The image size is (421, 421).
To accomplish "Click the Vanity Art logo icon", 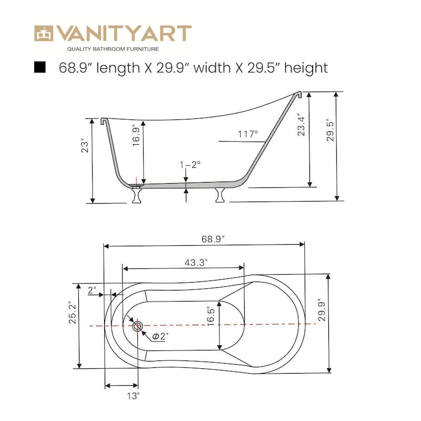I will pyautogui.click(x=44, y=33).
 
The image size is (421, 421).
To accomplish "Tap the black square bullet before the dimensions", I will pyautogui.click(x=39, y=67).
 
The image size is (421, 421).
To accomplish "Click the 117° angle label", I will pyautogui.click(x=248, y=134).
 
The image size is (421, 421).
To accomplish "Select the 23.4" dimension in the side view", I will pyautogui.click(x=301, y=125).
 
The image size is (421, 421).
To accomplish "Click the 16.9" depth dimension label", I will pyautogui.click(x=136, y=136).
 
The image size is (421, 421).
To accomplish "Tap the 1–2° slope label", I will pyautogui.click(x=190, y=165).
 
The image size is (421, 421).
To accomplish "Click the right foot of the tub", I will pyautogui.click(x=220, y=194).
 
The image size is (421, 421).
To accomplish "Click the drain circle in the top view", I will pyautogui.click(x=138, y=326).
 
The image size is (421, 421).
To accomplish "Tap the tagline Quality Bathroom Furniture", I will pyautogui.click(x=113, y=49).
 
